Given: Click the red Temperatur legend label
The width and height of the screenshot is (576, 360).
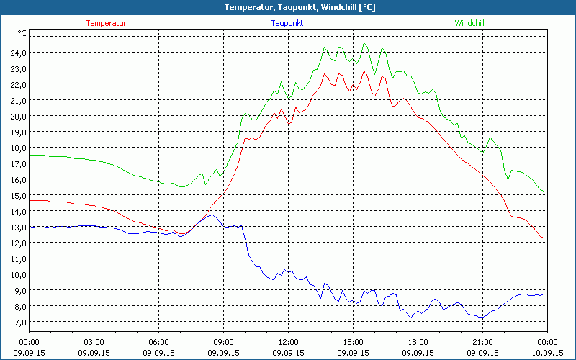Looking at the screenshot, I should point(106,23).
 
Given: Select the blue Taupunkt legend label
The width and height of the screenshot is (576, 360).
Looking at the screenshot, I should point(287,23).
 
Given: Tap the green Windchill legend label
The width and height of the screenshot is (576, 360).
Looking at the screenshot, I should point(469,23).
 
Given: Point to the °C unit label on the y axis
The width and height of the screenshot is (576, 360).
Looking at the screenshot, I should point(22,33).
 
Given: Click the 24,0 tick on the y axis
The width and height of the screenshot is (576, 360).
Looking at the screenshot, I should point(18,53).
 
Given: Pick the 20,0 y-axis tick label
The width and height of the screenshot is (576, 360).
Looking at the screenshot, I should point(18,116).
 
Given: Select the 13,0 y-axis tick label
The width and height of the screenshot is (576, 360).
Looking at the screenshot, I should point(18,227).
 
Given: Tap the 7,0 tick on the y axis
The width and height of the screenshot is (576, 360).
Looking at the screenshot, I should point(20,322).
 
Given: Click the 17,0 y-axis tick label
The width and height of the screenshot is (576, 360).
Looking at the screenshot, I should point(18,163).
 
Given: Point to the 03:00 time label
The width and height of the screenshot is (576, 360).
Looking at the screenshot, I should point(94,342).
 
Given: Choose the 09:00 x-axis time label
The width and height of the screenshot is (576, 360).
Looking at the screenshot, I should point(223,342).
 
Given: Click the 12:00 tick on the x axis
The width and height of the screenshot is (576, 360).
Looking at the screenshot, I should point(288,342).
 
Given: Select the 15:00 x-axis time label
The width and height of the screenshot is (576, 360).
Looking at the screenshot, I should point(353,342).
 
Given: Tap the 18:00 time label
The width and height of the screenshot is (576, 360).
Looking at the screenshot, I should point(418,342).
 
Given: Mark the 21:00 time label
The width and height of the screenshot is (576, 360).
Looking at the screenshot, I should point(482,342).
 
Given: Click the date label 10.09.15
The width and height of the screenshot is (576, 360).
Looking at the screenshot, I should point(547,353).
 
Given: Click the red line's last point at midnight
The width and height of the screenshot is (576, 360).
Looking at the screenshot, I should point(544,238).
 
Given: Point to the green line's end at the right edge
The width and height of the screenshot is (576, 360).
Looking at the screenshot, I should point(544,192).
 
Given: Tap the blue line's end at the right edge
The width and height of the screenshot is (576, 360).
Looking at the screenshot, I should point(544,294).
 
